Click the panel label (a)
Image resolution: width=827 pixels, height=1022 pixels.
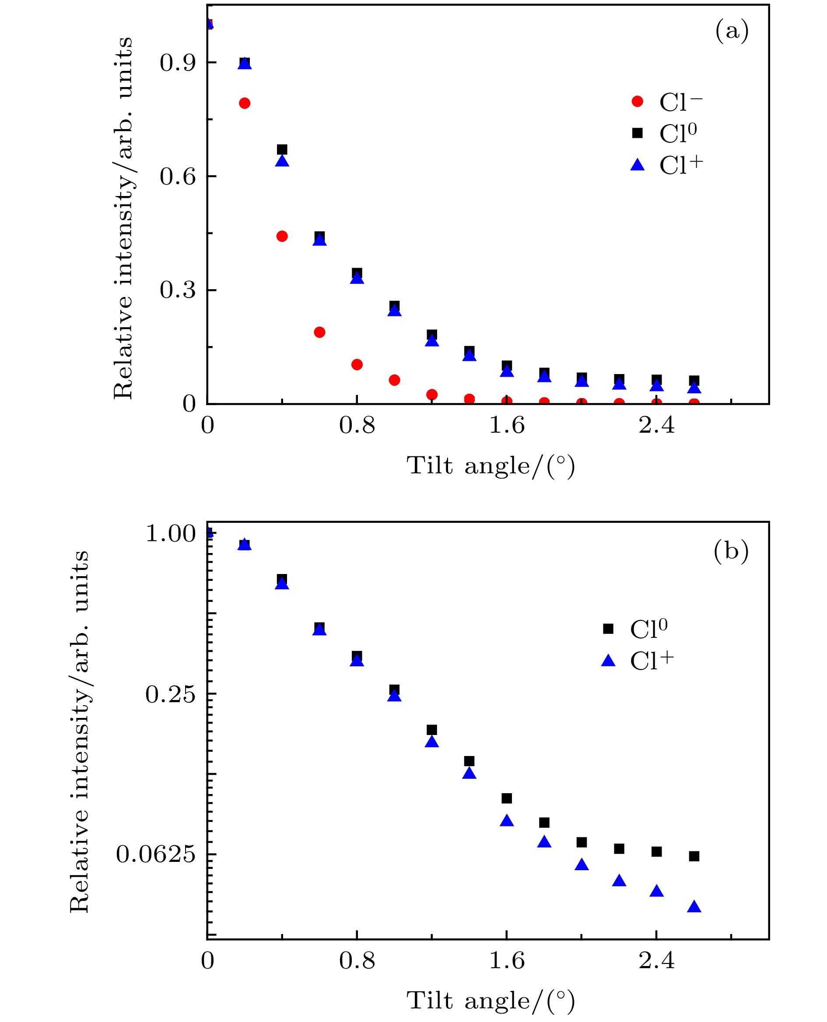732,31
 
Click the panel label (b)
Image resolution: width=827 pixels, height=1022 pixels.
731,551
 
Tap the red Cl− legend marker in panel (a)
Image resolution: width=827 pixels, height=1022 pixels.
637,101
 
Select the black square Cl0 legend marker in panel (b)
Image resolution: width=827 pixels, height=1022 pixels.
608,629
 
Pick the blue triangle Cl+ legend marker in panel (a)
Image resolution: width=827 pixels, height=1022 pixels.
637,165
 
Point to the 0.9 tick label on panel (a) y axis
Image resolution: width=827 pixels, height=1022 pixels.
178,63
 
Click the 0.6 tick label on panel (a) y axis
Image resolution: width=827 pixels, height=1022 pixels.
178,176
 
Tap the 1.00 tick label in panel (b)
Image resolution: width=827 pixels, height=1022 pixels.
171,533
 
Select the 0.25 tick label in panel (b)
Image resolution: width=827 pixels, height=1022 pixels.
171,694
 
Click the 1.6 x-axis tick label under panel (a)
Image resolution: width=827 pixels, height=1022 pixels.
506,425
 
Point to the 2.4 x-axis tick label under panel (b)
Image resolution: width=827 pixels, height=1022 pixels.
656,960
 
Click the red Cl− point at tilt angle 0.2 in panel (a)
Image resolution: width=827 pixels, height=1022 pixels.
245,103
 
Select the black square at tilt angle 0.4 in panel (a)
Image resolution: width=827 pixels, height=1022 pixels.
282,150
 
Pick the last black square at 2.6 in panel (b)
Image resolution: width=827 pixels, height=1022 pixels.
694,856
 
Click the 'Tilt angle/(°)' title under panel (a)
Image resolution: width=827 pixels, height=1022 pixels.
490,465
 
